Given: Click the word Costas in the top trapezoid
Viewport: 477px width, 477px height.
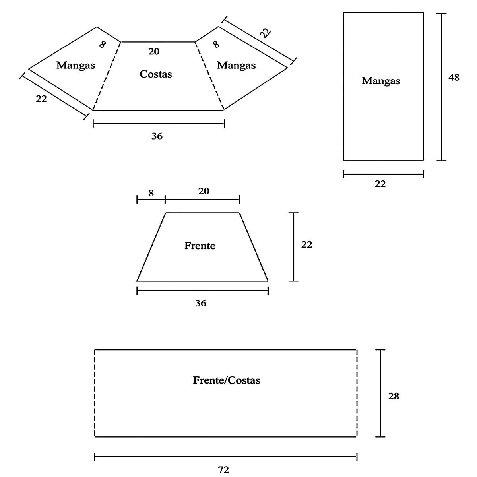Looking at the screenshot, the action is (x=156, y=74).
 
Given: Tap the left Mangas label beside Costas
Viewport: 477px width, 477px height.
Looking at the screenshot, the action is (x=76, y=65).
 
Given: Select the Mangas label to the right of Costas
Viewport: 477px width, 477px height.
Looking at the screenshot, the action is (x=236, y=65).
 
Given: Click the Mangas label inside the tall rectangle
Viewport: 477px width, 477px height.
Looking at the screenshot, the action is (x=381, y=81).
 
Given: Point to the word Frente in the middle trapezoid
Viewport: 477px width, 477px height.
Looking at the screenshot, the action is (x=200, y=246).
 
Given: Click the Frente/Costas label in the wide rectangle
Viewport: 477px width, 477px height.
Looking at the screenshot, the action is (x=227, y=380).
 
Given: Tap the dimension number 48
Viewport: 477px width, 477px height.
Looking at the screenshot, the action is (x=454, y=78).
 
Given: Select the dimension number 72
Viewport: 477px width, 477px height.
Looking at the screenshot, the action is (x=224, y=470).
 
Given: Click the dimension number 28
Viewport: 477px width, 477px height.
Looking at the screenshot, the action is (x=394, y=396).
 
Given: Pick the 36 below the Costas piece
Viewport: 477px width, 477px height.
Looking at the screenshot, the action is (x=157, y=136).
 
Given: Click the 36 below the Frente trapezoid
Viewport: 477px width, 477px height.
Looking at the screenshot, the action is (x=201, y=303).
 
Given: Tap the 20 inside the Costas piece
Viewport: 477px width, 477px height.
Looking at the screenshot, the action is (x=154, y=51).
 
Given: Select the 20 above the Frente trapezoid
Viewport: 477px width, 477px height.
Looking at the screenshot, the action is (x=204, y=191).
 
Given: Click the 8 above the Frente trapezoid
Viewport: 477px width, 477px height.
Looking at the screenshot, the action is (x=151, y=193).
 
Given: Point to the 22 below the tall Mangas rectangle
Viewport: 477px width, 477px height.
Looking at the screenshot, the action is (x=380, y=184).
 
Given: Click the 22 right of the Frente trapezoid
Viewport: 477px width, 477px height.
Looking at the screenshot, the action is (x=307, y=244).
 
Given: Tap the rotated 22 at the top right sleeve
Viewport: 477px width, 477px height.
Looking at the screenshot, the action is (x=265, y=32).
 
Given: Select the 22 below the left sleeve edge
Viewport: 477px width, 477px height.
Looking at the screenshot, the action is (x=41, y=99).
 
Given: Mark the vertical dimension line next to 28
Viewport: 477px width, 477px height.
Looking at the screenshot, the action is (x=381, y=393).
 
